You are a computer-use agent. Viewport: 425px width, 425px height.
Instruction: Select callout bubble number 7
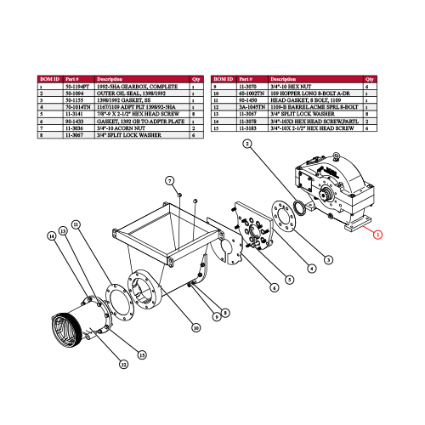point(169,181)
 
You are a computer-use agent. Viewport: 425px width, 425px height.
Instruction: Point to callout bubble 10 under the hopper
point(196,326)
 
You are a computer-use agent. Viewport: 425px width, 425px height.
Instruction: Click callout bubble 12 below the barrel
point(123,364)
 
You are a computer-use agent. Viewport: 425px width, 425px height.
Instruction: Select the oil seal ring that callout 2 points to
point(300,207)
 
